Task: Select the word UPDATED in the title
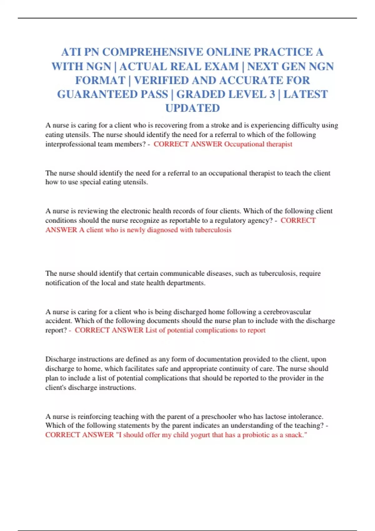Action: tap(192, 108)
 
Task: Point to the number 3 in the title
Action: tap(272, 94)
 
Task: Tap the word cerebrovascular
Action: tap(287, 312)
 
